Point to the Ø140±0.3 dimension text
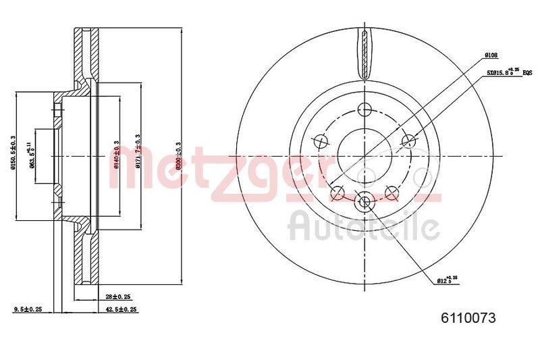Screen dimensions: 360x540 (x=116, y=155)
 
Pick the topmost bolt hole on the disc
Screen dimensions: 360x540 (x=365, y=109)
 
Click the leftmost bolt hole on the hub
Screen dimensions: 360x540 (x=321, y=141)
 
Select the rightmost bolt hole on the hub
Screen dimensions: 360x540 (x=408, y=140)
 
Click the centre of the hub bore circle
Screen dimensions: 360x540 (x=364, y=155)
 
